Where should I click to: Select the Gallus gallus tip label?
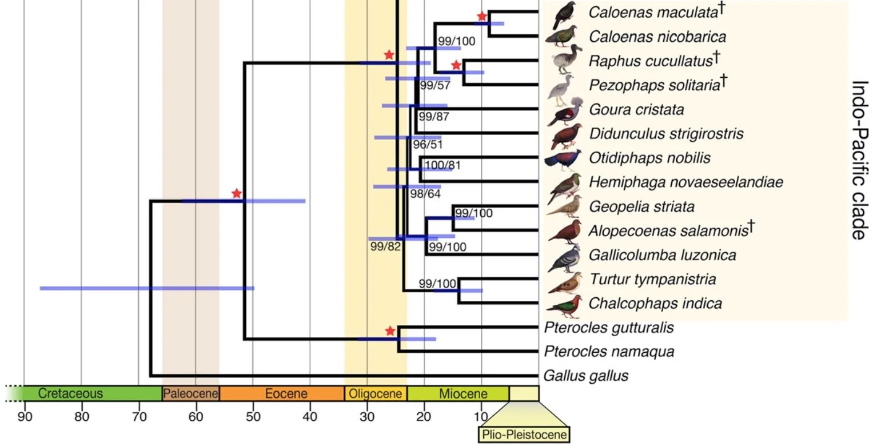point(585,376)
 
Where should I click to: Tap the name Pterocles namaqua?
point(609,351)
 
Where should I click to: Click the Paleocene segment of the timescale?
point(191,393)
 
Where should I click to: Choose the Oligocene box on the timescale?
point(376,393)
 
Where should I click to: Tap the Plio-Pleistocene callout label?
point(524,435)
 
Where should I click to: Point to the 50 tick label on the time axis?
point(253,416)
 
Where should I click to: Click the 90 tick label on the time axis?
point(25,416)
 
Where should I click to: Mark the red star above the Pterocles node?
point(390,331)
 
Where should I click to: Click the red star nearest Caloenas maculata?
point(482,17)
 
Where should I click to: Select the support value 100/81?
point(443,166)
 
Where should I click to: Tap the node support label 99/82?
point(385,246)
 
